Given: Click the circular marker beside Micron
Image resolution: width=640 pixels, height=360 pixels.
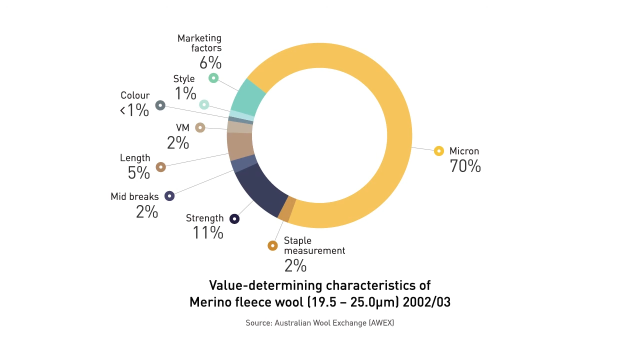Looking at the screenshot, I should (438, 151).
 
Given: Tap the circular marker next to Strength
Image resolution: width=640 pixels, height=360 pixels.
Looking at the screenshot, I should (234, 219).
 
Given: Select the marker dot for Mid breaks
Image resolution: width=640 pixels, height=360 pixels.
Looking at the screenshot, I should (169, 196).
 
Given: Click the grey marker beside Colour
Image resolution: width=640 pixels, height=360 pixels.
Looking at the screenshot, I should (160, 105).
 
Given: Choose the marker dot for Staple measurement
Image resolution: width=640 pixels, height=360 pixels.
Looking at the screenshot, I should (272, 245).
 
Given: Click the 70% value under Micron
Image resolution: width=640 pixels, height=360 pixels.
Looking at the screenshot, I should (465, 166).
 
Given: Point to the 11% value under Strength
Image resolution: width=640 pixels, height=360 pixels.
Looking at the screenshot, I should (207, 232).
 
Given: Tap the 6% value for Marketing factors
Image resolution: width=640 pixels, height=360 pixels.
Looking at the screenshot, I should (210, 63).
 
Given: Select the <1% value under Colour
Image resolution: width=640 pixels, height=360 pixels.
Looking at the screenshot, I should (134, 110).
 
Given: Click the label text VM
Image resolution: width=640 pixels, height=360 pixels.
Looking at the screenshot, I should (182, 128).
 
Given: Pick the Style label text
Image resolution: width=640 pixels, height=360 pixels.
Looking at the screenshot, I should (184, 79).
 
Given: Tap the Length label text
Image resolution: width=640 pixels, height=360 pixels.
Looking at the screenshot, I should (135, 158).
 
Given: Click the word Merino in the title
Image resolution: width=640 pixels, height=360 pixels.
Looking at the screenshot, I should (207, 302).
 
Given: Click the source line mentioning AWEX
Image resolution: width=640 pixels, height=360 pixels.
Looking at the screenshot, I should (319, 323).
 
